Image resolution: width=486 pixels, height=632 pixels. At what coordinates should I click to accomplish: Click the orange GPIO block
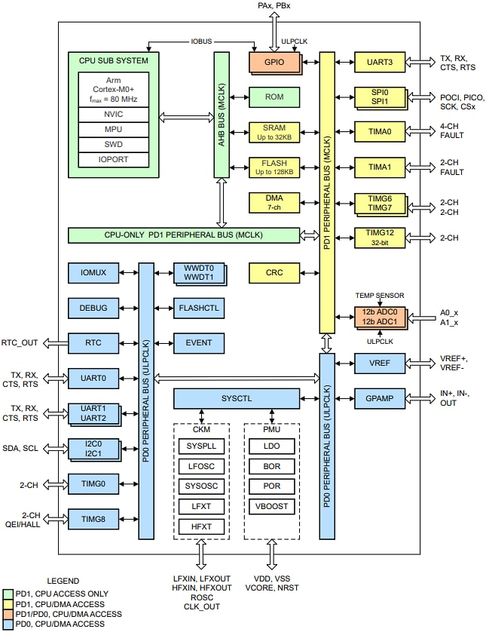click(274, 62)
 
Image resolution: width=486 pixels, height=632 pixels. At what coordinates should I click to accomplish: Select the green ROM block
click(274, 97)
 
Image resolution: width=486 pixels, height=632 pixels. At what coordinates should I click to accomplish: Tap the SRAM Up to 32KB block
click(274, 131)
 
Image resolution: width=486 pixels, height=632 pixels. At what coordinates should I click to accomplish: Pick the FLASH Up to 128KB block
click(274, 167)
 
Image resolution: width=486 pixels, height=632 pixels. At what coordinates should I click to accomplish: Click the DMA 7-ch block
click(274, 202)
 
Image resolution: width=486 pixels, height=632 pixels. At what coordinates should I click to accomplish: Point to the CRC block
click(274, 272)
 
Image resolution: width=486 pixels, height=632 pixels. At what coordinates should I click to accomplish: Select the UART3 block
click(379, 62)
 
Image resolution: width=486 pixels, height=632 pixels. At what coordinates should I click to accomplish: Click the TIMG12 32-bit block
click(380, 238)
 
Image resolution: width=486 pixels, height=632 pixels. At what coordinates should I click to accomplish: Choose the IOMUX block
click(93, 272)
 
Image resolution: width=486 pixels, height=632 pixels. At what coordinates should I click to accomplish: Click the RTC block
click(93, 342)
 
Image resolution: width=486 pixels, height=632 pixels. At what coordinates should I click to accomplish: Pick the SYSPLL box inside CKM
click(201, 446)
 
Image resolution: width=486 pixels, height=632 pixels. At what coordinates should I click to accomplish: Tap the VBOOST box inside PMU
click(272, 506)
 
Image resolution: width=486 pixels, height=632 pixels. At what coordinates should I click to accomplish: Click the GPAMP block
click(380, 397)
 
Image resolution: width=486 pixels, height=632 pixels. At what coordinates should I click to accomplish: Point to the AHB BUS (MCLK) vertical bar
click(222, 115)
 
